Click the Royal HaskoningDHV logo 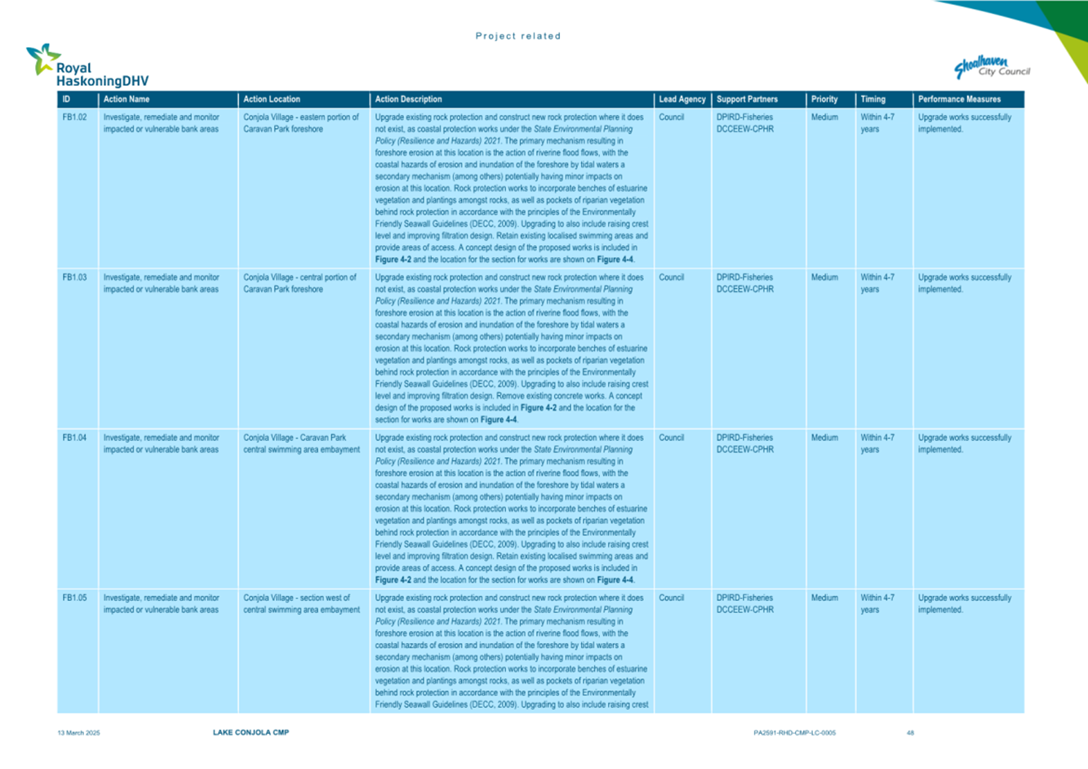pyautogui.click(x=87, y=66)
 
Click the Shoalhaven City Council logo pyautogui.click(x=992, y=68)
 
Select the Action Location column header pyautogui.click(x=272, y=100)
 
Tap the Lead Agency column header pyautogui.click(x=682, y=100)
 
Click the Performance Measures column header pyautogui.click(x=959, y=100)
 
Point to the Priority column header pyautogui.click(x=824, y=100)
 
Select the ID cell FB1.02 pyautogui.click(x=74, y=118)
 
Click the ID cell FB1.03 pyautogui.click(x=74, y=278)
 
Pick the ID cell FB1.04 pyautogui.click(x=74, y=438)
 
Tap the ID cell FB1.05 pyautogui.click(x=74, y=598)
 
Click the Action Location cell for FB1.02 pyautogui.click(x=300, y=123)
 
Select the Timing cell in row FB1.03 pyautogui.click(x=877, y=283)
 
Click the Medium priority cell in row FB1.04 pyautogui.click(x=824, y=438)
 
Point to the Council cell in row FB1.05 pyautogui.click(x=671, y=598)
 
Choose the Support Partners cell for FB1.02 pyautogui.click(x=744, y=123)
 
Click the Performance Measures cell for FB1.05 pyautogui.click(x=964, y=603)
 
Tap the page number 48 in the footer pyautogui.click(x=910, y=733)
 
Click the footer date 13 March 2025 pyautogui.click(x=78, y=733)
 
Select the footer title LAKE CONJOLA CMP pyautogui.click(x=251, y=733)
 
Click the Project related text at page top pyautogui.click(x=518, y=36)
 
